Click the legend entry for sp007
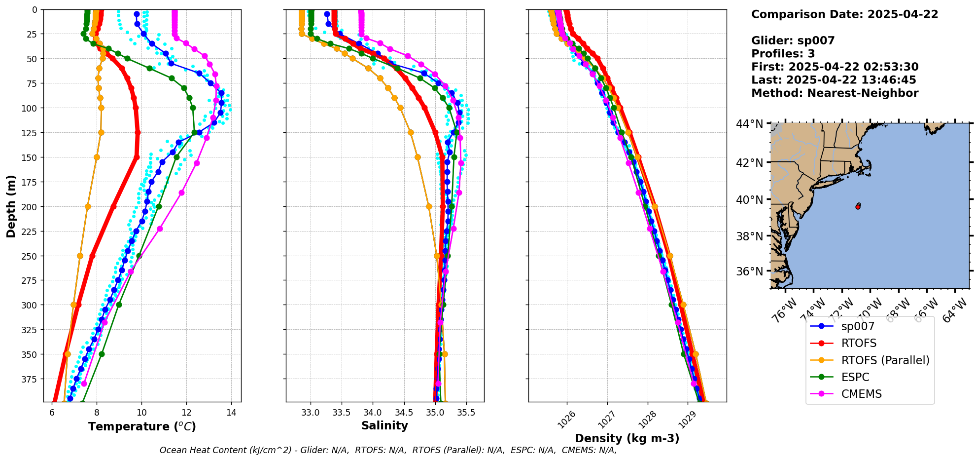coord(858,327)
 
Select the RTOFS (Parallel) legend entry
coord(885,360)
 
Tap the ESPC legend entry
coord(855,377)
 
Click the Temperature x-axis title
coord(142,426)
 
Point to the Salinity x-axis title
coord(384,425)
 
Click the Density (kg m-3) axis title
coord(627,438)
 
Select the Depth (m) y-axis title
coord(11,206)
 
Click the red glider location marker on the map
coord(858,207)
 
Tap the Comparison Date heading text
coord(844,14)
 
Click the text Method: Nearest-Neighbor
coord(835,93)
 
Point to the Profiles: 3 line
coord(783,54)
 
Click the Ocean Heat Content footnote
coord(388,450)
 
